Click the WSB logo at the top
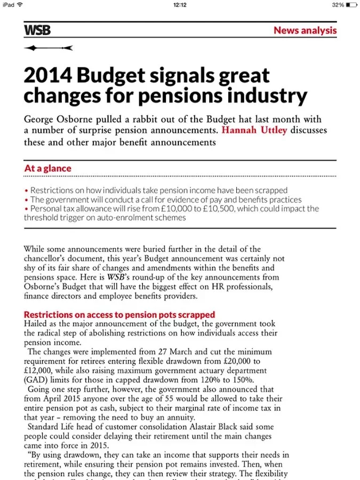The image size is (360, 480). (x=37, y=30)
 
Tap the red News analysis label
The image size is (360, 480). (x=305, y=30)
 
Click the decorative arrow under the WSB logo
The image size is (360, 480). (x=48, y=48)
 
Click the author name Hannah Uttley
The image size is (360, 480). (x=254, y=131)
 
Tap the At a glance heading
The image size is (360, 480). (x=47, y=169)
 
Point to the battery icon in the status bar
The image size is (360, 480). (x=351, y=5)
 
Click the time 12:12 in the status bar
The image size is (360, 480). (x=180, y=5)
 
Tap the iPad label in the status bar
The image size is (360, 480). (x=9, y=5)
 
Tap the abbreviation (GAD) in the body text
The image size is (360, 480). (x=36, y=380)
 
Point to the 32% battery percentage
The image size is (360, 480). (x=338, y=5)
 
